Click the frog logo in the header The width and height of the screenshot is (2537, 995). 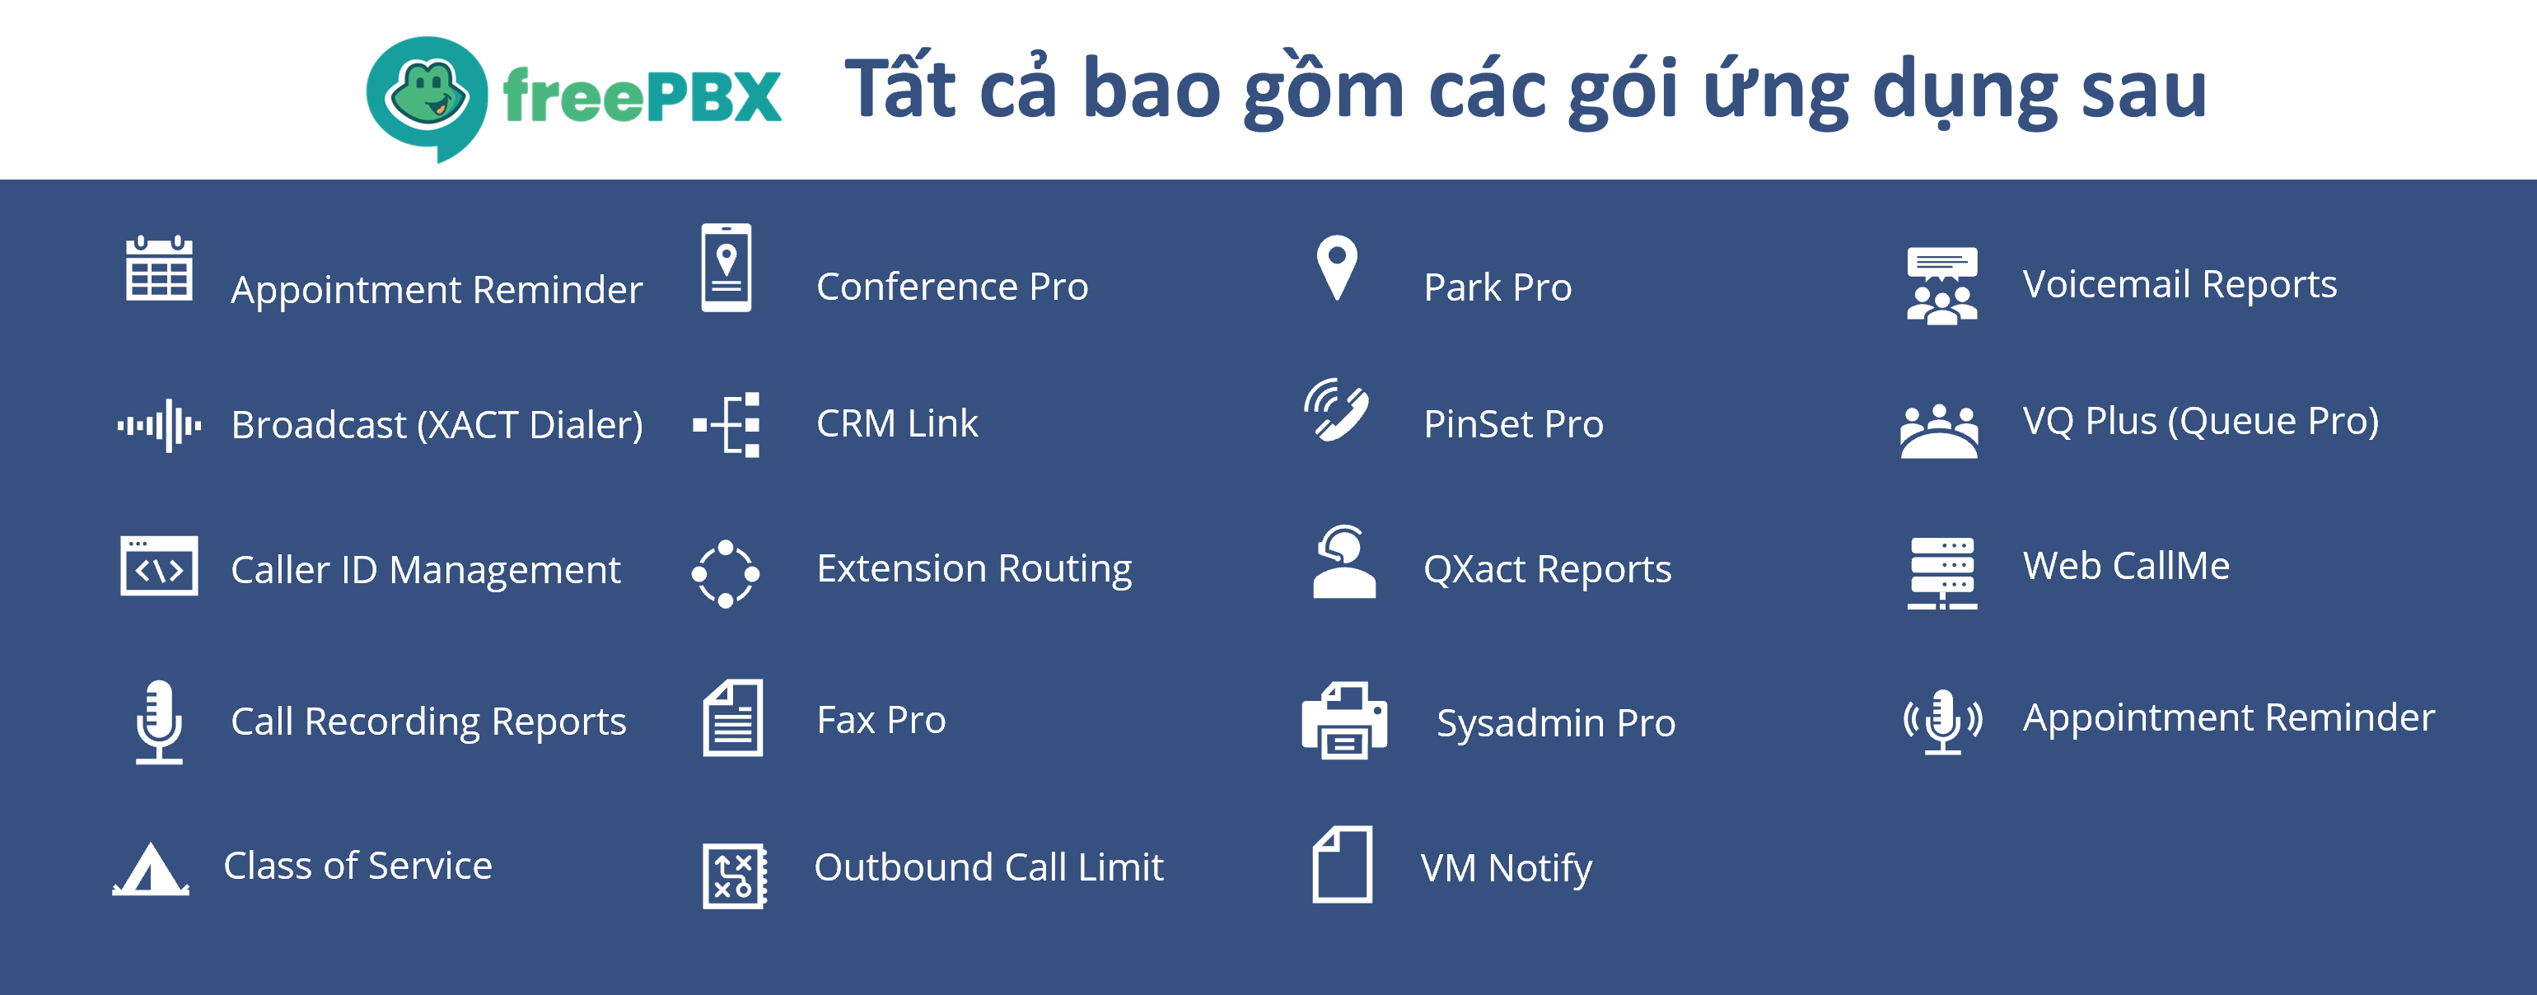click(x=427, y=96)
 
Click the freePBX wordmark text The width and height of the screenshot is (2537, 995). click(x=641, y=96)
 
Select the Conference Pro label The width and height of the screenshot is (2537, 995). click(x=951, y=287)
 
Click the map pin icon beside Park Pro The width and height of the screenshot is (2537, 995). click(x=1336, y=267)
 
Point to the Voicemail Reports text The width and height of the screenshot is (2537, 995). click(x=2179, y=285)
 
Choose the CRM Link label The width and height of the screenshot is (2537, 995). click(x=896, y=423)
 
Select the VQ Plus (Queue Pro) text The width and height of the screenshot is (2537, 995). click(x=2200, y=422)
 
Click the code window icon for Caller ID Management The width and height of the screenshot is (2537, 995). click(x=158, y=567)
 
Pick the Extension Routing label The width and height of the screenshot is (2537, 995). click(x=973, y=568)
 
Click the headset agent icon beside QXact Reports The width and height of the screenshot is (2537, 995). click(x=1343, y=562)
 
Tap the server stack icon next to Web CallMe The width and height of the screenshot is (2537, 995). click(x=1941, y=572)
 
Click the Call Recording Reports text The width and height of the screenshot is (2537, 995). click(x=428, y=722)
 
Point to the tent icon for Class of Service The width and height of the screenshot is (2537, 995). click(x=150, y=869)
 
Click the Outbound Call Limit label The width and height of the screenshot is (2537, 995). click(x=988, y=868)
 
